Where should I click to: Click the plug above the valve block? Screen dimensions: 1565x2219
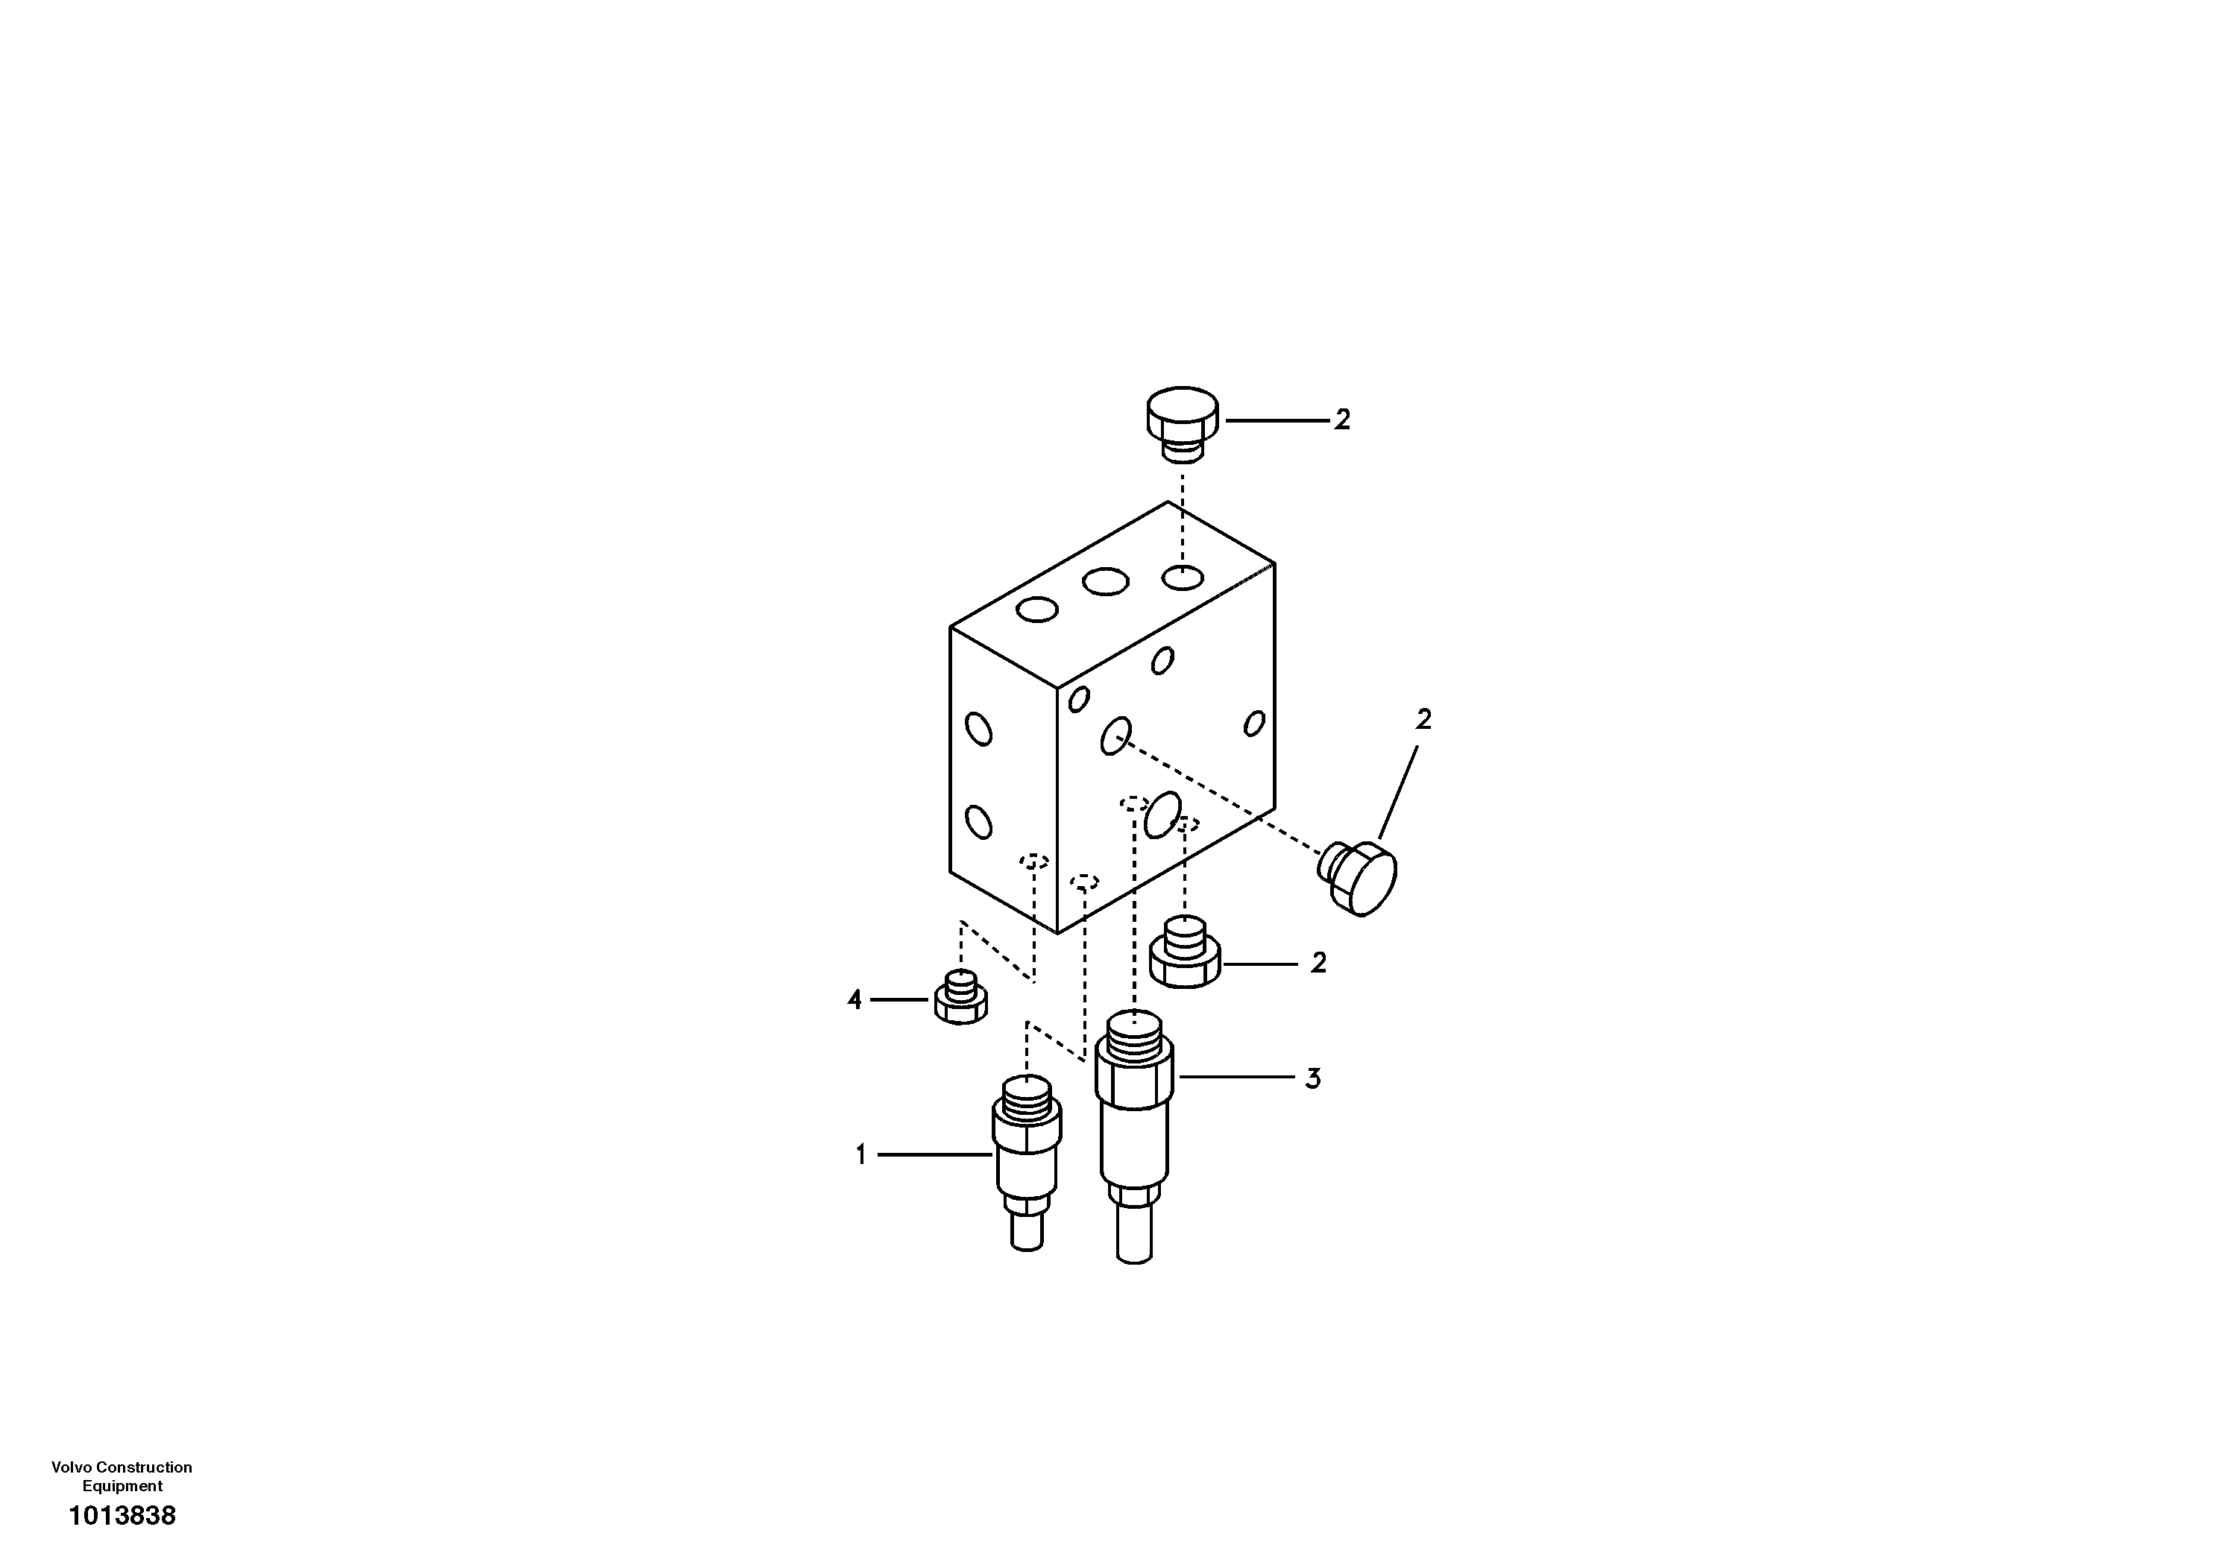[1182, 422]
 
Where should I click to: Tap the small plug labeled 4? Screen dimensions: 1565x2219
[960, 999]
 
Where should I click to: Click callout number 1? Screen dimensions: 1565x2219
[861, 1154]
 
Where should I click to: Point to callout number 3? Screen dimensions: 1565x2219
[1312, 1078]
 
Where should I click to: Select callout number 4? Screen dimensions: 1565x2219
[854, 1000]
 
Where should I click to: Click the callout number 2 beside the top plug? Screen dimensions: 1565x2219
[1342, 420]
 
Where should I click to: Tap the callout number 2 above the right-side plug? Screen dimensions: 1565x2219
[1423, 720]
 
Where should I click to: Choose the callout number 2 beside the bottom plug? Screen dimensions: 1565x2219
[1319, 963]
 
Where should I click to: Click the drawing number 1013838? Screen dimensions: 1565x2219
[123, 1516]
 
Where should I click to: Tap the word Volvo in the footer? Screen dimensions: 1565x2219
[71, 1467]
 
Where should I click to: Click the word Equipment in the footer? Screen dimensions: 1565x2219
[123, 1486]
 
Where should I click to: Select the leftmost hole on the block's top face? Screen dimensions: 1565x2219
[1038, 610]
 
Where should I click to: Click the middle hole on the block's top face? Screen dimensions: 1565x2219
[1106, 581]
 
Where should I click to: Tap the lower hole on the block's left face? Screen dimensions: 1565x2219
[979, 822]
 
